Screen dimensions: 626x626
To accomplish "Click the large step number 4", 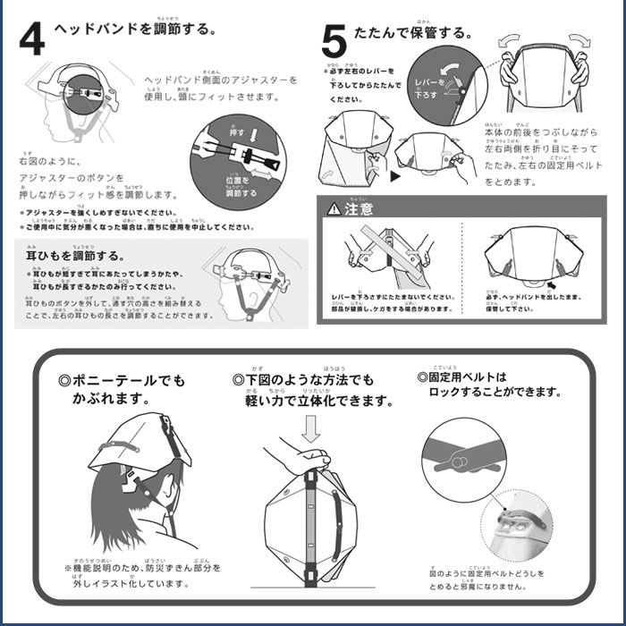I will pyautogui.click(x=30, y=38).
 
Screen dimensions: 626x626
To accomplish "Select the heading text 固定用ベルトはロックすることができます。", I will pyautogui.click(x=488, y=385).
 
